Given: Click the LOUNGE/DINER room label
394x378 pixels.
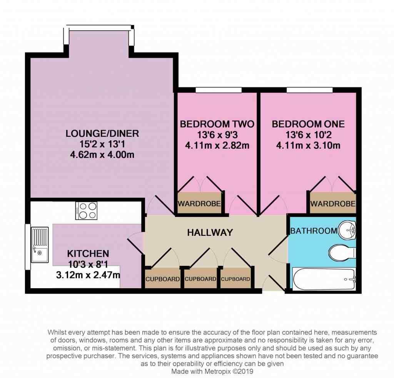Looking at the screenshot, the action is [102, 133].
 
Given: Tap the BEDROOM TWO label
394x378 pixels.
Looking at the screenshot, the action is [217, 124].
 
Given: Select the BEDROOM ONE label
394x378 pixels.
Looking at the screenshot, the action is [308, 124].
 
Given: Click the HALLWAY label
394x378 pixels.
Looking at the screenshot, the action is [210, 232].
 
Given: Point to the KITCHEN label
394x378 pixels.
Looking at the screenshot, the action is [88, 254].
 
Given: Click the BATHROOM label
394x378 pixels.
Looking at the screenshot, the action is [314, 231].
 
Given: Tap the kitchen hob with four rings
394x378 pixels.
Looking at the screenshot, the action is [86, 211].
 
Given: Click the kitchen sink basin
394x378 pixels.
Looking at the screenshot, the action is [40, 245].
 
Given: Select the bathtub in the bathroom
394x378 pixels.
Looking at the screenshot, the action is [324, 279].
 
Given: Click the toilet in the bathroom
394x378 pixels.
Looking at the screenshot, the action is [342, 253].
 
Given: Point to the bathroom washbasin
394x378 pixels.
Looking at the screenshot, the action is [347, 230].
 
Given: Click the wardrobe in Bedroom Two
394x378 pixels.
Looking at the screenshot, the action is [199, 203].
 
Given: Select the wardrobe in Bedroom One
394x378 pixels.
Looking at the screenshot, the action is [333, 203].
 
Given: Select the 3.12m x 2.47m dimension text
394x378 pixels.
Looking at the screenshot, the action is [88, 275].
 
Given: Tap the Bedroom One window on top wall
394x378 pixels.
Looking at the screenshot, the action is [310, 90].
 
